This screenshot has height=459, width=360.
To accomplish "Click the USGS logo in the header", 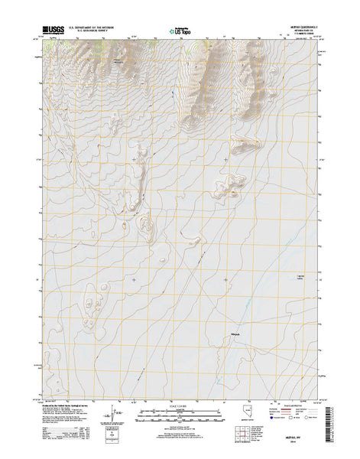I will point(58,31).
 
